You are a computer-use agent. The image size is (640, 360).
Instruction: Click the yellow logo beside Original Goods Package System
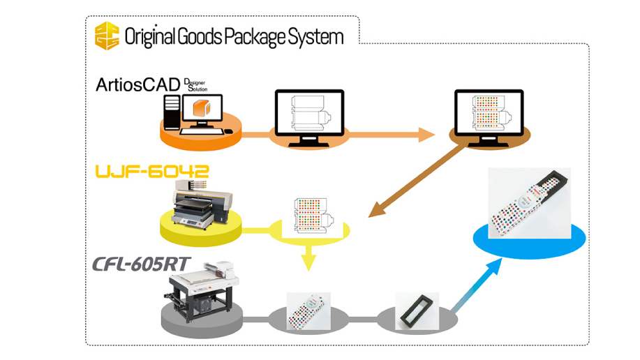click(107, 35)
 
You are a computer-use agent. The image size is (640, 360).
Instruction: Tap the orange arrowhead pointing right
click(427, 134)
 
